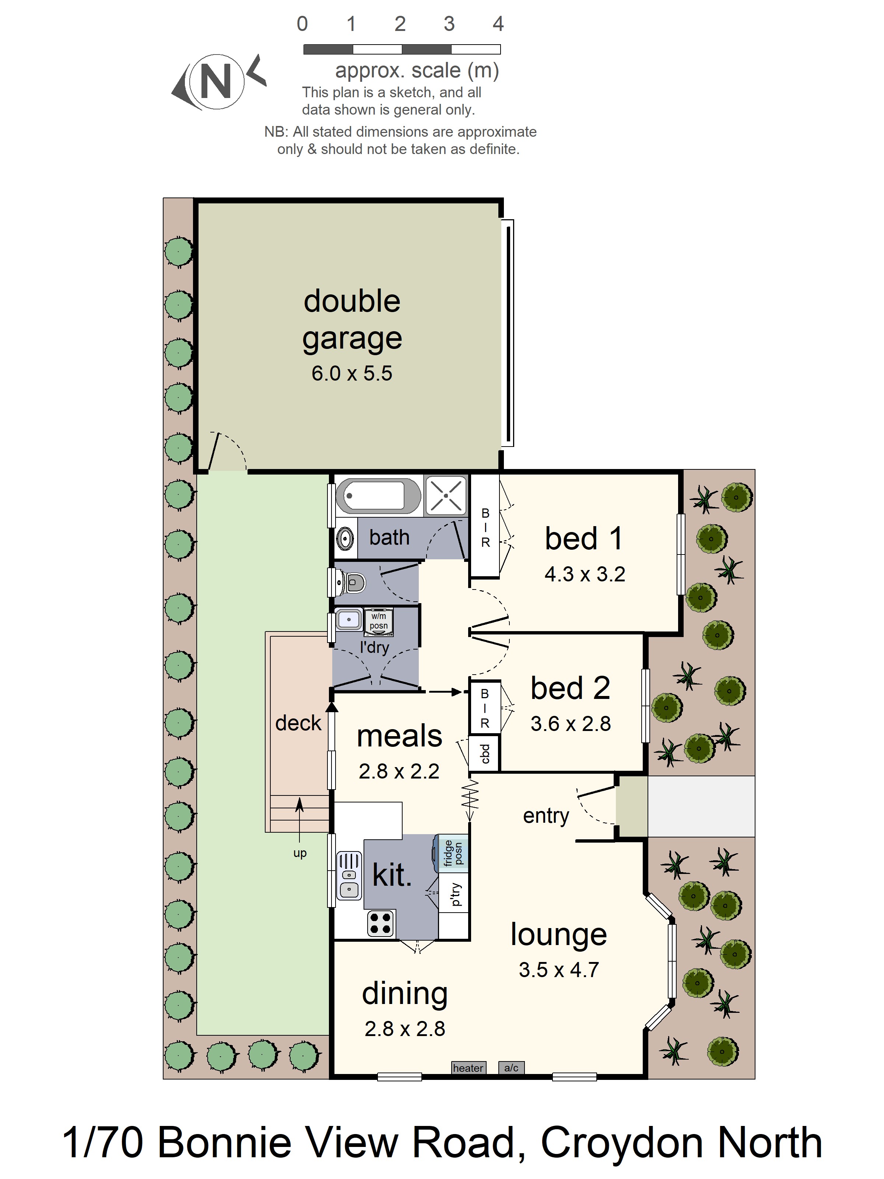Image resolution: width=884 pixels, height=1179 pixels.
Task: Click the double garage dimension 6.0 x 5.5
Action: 352,373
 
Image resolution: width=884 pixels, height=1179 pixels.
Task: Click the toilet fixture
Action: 352,582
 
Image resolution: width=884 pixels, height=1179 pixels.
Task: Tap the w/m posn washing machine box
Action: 379,622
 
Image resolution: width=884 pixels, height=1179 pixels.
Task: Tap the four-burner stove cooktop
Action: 380,924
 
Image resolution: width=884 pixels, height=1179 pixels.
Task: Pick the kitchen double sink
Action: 349,877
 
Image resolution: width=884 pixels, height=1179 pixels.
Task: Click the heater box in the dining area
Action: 468,1068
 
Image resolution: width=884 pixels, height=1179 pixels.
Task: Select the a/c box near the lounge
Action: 511,1068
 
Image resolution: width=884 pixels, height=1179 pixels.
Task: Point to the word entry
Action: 546,815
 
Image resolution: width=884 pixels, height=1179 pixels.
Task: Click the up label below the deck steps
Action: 300,853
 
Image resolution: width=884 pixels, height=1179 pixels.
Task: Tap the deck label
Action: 298,723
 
